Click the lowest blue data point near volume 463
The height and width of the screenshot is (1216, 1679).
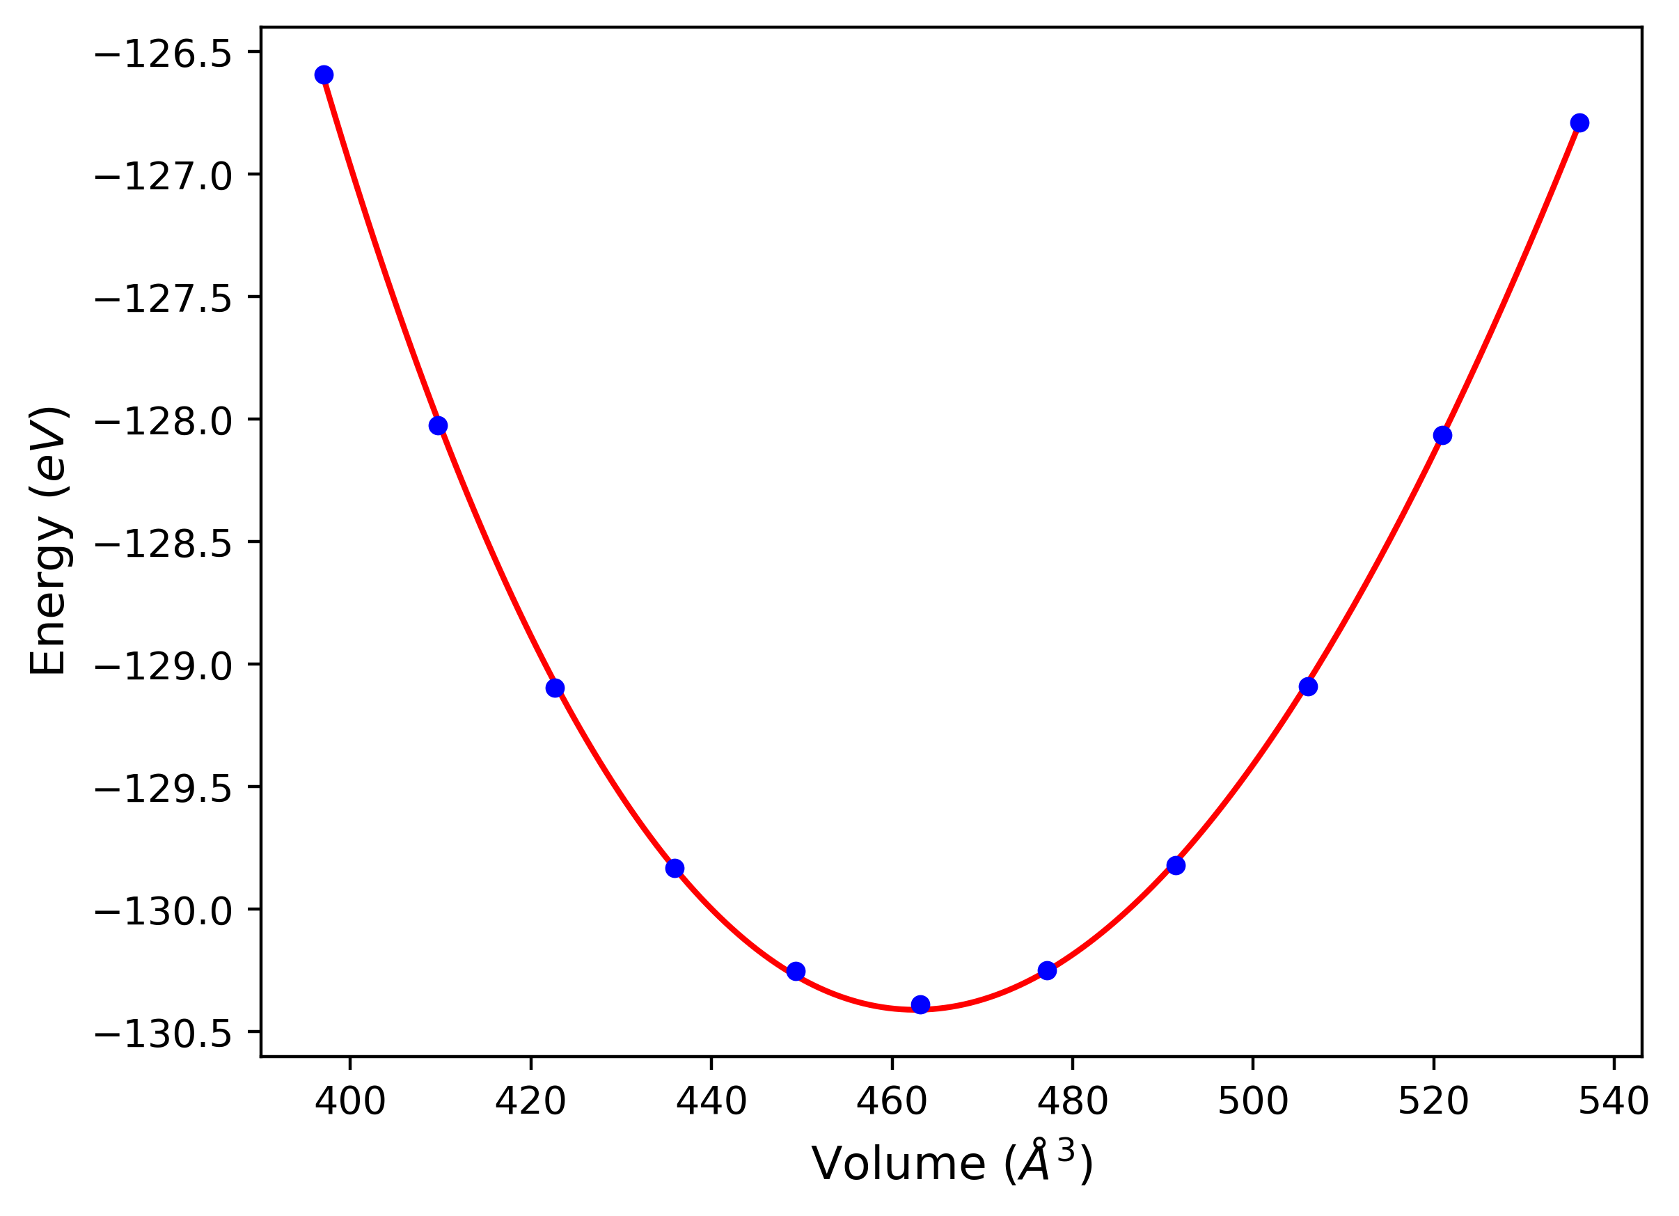920,1004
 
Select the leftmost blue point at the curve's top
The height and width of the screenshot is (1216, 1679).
324,74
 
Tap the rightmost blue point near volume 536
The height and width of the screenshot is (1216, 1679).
1579,123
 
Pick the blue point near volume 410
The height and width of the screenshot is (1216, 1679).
439,425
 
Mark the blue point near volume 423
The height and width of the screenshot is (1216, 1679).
555,688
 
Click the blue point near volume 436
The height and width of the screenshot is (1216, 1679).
675,868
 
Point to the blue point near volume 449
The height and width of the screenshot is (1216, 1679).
796,971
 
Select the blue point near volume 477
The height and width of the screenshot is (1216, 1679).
1048,970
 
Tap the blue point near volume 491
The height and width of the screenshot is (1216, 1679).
1176,866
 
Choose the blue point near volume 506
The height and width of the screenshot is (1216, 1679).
1308,687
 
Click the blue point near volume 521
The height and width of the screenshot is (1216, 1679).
1442,435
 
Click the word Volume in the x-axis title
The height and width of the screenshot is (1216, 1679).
899,1164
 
